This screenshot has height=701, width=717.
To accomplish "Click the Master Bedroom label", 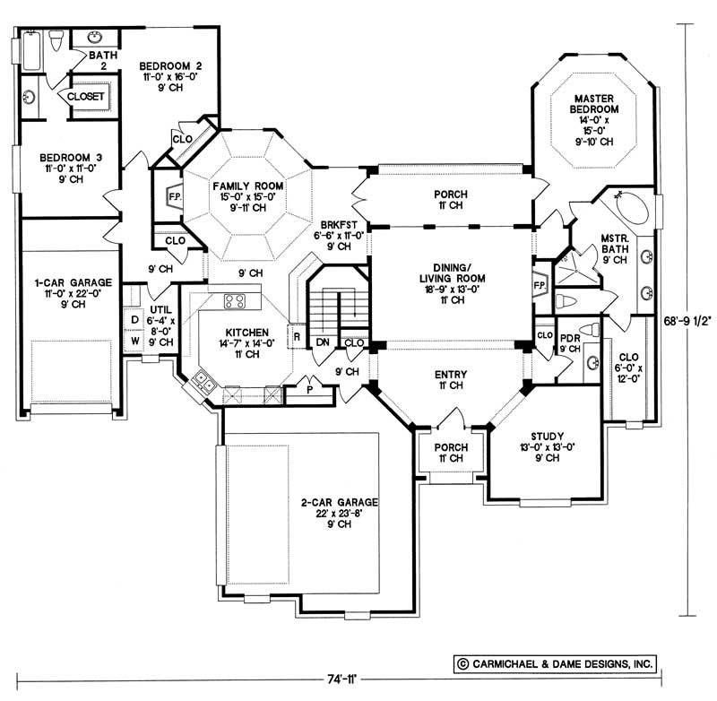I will click(593, 104).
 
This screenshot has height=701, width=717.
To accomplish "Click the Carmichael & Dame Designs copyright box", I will click(553, 664).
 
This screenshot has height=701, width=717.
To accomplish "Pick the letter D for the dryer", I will click(134, 320).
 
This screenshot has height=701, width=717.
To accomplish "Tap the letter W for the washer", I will click(134, 341).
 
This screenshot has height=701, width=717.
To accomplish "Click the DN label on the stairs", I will click(322, 342).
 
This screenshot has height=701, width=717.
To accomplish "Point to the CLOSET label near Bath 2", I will click(83, 96).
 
